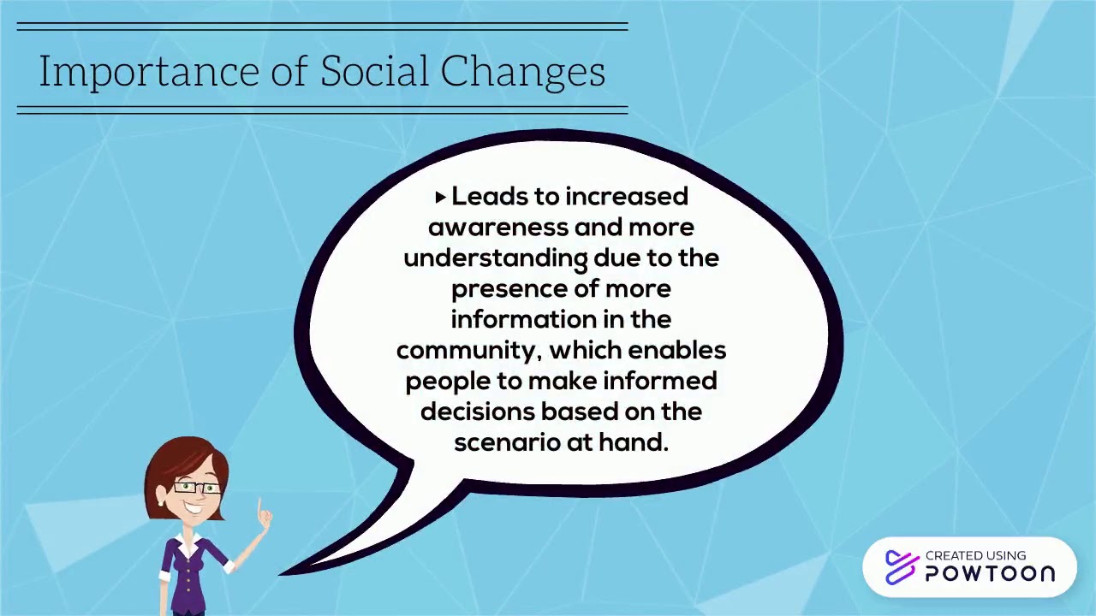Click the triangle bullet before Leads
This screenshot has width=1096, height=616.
pyautogui.click(x=440, y=198)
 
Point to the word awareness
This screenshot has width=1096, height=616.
pyautogui.click(x=497, y=228)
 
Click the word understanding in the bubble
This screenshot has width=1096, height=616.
pyautogui.click(x=494, y=258)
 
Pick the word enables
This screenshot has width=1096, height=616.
pyautogui.click(x=676, y=351)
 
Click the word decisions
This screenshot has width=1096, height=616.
pyautogui.click(x=477, y=412)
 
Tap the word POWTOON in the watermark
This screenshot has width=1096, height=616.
pyautogui.click(x=990, y=574)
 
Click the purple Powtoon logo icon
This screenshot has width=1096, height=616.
pyautogui.click(x=901, y=567)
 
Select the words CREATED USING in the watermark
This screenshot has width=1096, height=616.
pyautogui.click(x=975, y=556)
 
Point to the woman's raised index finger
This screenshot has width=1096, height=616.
pyautogui.click(x=261, y=507)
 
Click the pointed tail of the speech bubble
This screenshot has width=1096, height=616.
pyautogui.click(x=308, y=566)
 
